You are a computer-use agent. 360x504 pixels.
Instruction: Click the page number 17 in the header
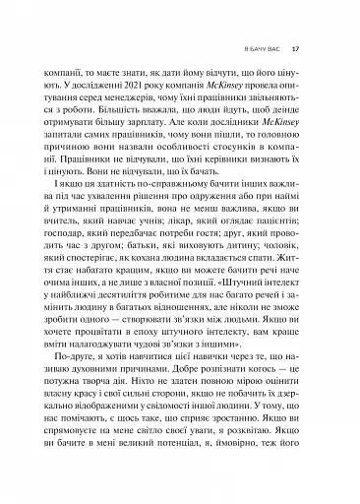(x=309, y=48)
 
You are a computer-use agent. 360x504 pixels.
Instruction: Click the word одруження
(x=210, y=224)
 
